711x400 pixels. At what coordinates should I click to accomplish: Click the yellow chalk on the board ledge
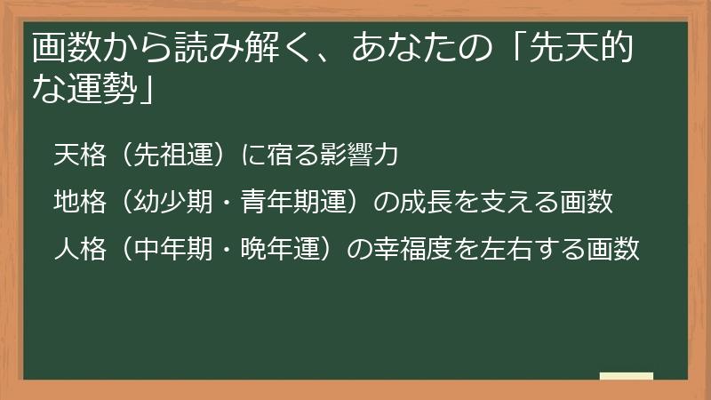627,376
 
